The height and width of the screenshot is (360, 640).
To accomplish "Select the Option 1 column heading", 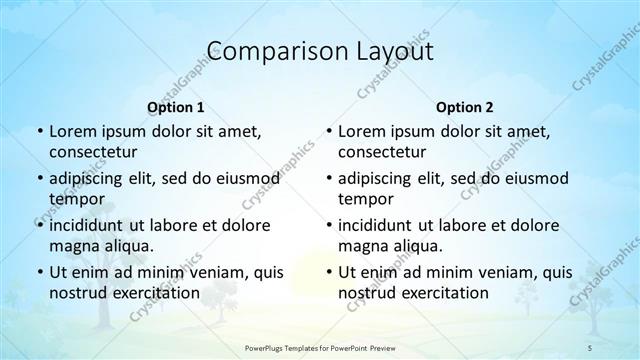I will click(x=176, y=106).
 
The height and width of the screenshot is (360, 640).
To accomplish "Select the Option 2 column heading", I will click(x=465, y=106).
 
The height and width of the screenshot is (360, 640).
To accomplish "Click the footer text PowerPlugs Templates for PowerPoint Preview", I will click(x=319, y=347).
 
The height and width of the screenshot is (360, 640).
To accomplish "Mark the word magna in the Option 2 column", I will click(x=362, y=246).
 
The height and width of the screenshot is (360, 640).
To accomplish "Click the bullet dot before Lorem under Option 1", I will click(x=38, y=132).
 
